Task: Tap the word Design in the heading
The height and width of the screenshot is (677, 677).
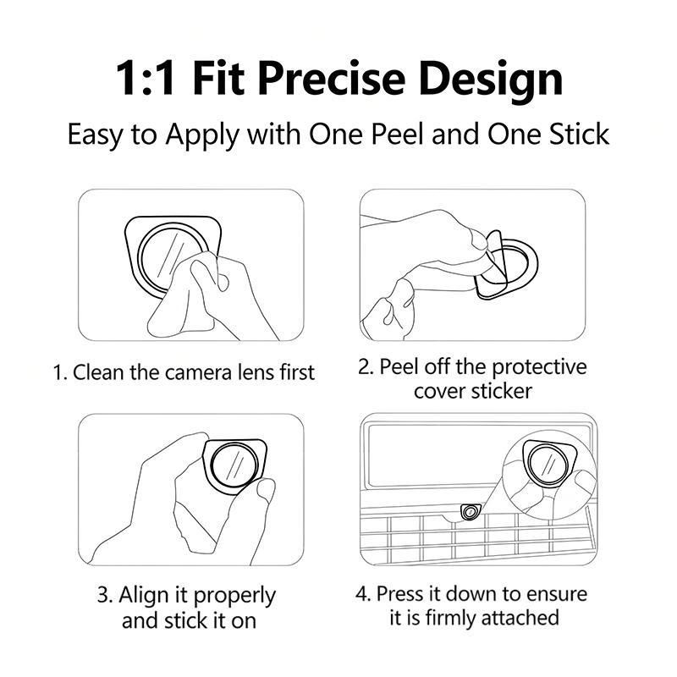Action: click(491, 81)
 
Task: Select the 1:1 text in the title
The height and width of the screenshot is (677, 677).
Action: click(145, 79)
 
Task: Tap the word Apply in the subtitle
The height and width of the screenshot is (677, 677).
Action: click(202, 135)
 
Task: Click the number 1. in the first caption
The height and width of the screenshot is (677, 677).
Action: click(60, 372)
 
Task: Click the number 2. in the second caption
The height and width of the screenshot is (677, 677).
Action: click(366, 367)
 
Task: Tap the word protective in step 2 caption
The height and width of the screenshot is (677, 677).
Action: click(539, 368)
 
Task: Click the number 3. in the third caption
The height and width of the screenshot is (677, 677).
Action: click(105, 595)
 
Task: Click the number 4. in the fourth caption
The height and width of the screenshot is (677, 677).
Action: click(364, 594)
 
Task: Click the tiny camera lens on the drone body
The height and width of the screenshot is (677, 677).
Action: click(470, 513)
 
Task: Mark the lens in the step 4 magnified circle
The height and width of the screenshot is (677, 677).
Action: click(548, 464)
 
